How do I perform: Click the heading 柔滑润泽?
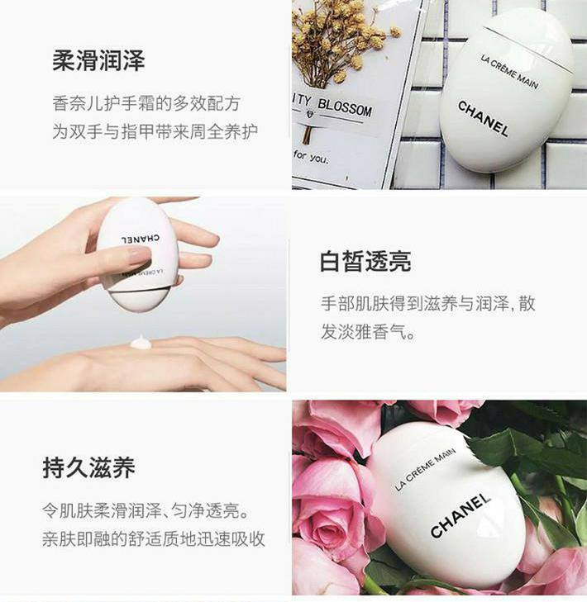coord(98,60)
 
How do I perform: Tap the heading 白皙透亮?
coord(365,262)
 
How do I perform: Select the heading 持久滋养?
coord(88,467)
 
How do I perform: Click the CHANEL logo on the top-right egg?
coord(483,119)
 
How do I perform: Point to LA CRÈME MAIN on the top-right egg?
coord(509,72)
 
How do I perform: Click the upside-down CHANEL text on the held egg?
coord(141,239)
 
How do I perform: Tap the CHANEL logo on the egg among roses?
coord(461,515)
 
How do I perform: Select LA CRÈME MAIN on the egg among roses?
coord(425,470)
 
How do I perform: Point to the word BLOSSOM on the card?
coord(345,107)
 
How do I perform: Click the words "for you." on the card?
coord(311,156)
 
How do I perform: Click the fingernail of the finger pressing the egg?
coord(135,254)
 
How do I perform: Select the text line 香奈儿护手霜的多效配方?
coord(146,104)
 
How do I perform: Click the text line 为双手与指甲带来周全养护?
coord(155,131)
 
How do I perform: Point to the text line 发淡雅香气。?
coord(368,332)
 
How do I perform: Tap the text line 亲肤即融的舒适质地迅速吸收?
coord(154,538)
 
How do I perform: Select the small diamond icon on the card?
coord(310,114)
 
